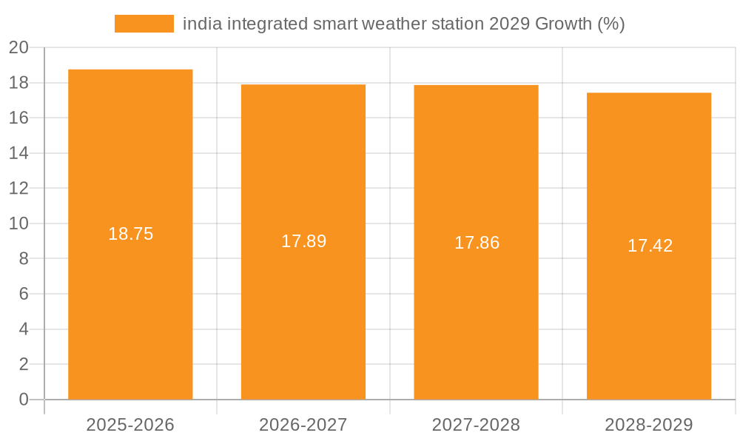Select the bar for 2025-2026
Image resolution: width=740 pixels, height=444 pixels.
click(x=130, y=311)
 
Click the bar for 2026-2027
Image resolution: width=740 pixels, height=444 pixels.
click(x=303, y=318)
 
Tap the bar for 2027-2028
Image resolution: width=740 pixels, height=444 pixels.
click(x=476, y=318)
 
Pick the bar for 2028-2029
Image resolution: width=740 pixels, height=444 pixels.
click(x=649, y=322)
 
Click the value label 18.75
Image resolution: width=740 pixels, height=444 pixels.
click(x=130, y=234)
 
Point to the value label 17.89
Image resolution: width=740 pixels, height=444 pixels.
click(x=303, y=241)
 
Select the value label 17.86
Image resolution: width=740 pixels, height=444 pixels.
click(x=477, y=243)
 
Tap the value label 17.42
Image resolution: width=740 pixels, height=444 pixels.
click(x=650, y=246)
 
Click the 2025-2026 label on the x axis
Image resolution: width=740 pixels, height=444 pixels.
click(x=130, y=425)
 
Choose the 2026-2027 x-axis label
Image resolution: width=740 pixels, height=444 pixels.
click(x=303, y=425)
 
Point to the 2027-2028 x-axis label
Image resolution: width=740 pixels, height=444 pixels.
click(x=476, y=425)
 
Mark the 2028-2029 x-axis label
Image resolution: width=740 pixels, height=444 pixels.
click(x=649, y=425)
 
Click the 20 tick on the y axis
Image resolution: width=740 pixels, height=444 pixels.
click(x=18, y=48)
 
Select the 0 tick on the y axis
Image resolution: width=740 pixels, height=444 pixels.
click(x=24, y=400)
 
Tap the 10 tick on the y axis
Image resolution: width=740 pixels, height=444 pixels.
click(x=18, y=223)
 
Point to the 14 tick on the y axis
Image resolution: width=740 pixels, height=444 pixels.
click(x=18, y=153)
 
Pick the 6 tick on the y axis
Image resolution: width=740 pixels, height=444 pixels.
click(x=24, y=294)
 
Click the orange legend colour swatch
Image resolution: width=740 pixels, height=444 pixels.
click(x=144, y=24)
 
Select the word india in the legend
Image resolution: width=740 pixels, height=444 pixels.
click(x=201, y=24)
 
